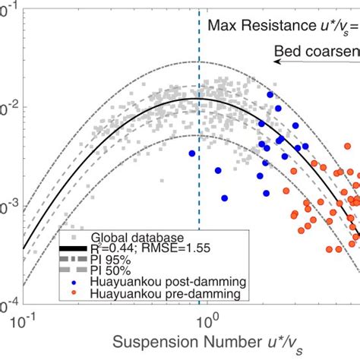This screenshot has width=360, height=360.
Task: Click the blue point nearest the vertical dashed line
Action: pos(192,153)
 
